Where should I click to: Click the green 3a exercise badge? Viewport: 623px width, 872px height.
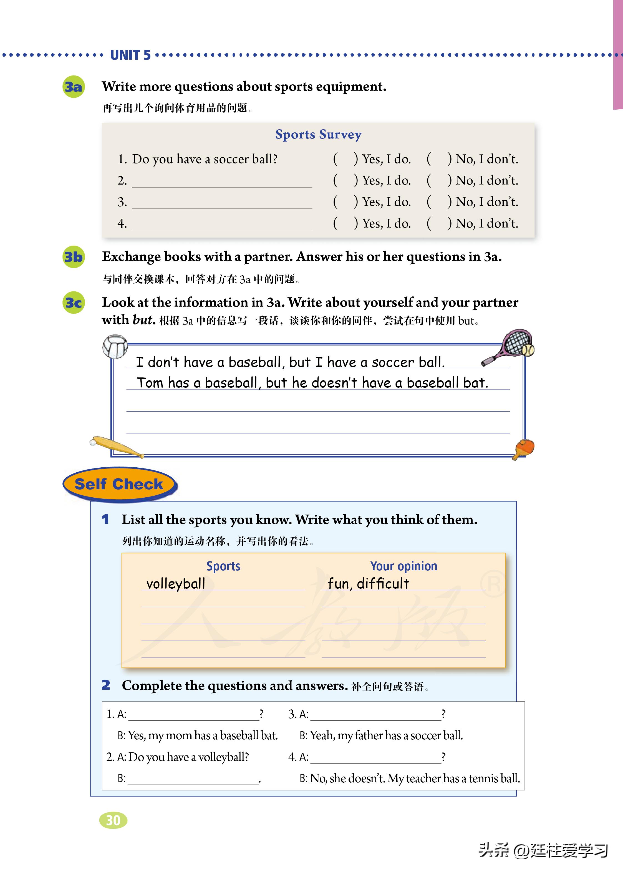click(73, 87)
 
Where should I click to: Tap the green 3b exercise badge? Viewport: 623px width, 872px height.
click(73, 257)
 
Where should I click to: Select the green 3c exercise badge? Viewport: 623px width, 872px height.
click(73, 303)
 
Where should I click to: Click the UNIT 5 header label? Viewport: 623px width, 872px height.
click(130, 55)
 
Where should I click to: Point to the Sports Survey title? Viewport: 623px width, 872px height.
click(318, 134)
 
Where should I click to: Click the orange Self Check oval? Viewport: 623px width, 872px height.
click(119, 484)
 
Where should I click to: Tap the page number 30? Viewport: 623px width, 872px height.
click(113, 820)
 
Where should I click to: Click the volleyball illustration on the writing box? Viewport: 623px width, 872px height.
click(115, 346)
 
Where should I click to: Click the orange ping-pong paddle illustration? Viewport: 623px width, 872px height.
click(524, 448)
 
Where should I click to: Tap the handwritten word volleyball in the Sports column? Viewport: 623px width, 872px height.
click(176, 583)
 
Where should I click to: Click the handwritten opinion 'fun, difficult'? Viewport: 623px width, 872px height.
click(368, 583)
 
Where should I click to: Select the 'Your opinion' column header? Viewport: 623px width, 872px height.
click(403, 566)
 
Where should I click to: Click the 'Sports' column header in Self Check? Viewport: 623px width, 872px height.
click(223, 566)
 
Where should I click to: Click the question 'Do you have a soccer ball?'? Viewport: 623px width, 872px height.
click(205, 159)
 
